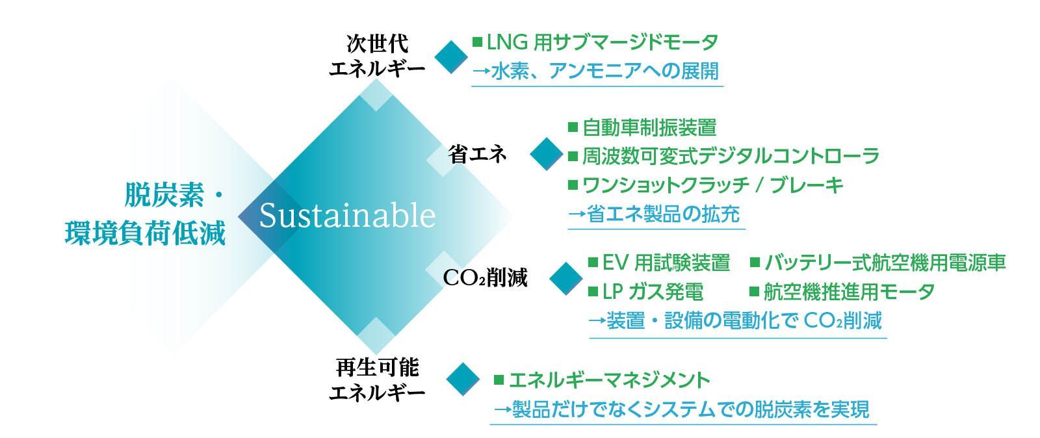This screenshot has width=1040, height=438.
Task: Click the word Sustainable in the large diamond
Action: click(347, 216)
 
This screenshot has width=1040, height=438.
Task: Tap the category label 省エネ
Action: click(477, 154)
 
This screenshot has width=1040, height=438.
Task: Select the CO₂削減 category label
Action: click(485, 278)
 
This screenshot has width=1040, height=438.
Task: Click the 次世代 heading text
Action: click(378, 44)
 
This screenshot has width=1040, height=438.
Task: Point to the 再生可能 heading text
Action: click(378, 367)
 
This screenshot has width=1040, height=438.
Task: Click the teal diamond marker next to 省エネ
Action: click(547, 153)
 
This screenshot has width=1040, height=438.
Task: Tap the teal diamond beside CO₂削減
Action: click(566, 278)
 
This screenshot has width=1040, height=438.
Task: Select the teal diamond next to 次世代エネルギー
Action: click(451, 57)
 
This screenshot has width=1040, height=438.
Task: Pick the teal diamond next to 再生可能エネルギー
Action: click(463, 379)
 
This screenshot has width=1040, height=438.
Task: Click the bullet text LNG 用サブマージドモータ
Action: click(602, 43)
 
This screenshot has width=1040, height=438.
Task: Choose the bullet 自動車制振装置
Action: click(649, 127)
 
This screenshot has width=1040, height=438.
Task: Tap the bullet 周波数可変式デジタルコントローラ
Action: click(731, 156)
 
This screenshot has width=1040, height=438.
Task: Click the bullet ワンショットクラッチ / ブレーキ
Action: click(712, 185)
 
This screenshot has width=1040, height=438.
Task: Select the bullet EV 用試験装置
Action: click(666, 263)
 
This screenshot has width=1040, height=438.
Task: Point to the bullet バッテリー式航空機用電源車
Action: click(885, 263)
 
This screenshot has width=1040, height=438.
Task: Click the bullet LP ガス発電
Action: click(653, 292)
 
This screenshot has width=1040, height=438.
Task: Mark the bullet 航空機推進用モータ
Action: click(849, 292)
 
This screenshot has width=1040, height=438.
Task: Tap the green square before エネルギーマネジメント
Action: click(499, 380)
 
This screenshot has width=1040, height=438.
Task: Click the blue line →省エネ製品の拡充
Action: click(654, 214)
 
